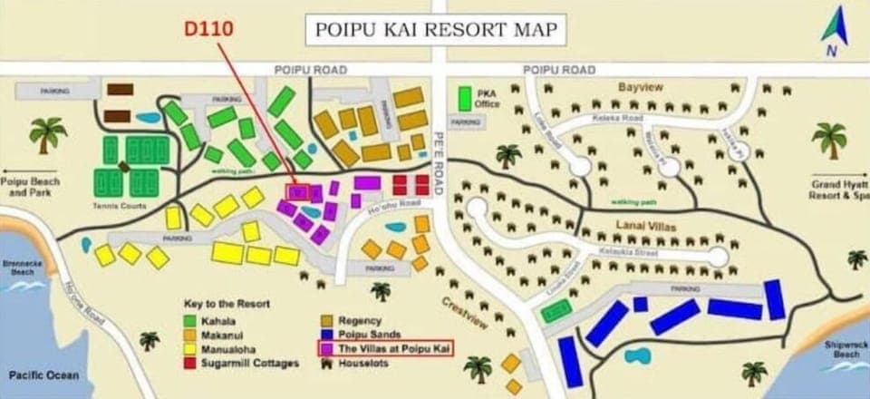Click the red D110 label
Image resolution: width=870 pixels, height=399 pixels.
tap(209, 29)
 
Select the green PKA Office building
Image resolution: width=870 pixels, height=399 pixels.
tap(465, 98)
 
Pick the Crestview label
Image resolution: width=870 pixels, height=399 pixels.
tap(465, 314)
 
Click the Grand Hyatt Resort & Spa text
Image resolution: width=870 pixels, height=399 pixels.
tap(837, 189)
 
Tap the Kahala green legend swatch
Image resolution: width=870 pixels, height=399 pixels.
tap(190, 320)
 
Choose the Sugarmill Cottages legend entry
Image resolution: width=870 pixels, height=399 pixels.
tap(255, 363)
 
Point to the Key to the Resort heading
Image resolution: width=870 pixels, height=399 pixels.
tap(227, 303)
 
